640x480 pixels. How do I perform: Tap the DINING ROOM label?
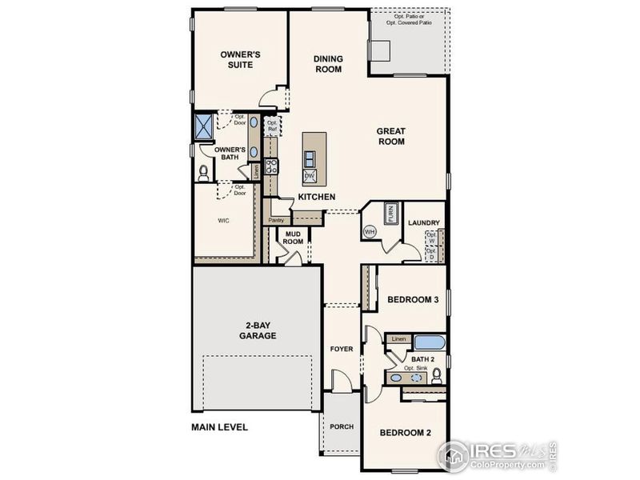click(x=328, y=64)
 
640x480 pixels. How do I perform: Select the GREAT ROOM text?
click(x=391, y=136)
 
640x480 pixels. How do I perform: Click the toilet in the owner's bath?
click(x=203, y=171)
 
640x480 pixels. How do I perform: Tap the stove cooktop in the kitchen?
click(x=271, y=166)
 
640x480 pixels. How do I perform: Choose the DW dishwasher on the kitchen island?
click(x=309, y=175)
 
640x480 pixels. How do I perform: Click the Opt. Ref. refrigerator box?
click(x=273, y=126)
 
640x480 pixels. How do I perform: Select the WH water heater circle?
click(x=370, y=231)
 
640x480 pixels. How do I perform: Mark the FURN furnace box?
click(x=391, y=213)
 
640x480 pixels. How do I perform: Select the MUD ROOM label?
click(x=294, y=237)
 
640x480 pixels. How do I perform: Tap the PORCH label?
click(x=342, y=426)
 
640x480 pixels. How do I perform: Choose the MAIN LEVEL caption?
click(x=219, y=427)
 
